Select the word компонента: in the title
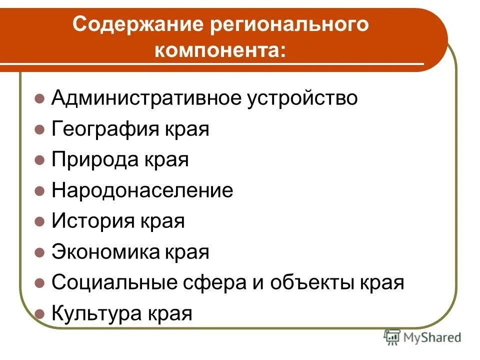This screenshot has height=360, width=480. [x=221, y=51]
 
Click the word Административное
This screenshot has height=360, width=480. [x=145, y=98]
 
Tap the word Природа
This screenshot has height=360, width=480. [x=95, y=160]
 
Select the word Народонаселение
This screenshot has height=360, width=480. [x=142, y=190]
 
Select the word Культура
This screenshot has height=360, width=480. [x=97, y=314]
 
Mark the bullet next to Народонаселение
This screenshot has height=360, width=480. [x=40, y=191]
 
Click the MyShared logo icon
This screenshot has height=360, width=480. [x=392, y=337]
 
